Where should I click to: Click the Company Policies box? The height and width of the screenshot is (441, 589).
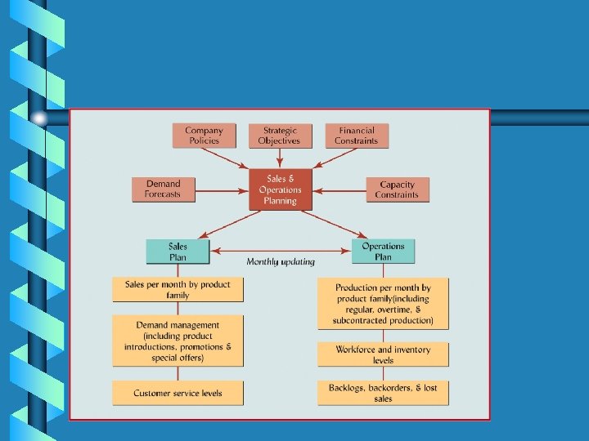(204, 136)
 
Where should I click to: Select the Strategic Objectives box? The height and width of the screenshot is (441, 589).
(279, 136)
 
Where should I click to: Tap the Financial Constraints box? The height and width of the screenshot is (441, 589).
(357, 136)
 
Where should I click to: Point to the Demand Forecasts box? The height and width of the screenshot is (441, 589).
(163, 189)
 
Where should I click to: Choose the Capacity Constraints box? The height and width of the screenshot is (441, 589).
(397, 189)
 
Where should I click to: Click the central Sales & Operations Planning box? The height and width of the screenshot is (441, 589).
(281, 189)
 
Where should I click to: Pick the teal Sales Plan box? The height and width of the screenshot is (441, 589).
(178, 252)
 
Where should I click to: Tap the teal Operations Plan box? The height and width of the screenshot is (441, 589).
(383, 252)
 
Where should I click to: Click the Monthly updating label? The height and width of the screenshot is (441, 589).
(281, 261)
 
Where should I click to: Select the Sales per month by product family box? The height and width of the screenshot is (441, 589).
(178, 290)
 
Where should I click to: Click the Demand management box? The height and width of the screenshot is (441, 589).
(178, 341)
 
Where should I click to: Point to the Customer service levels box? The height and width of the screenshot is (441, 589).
(178, 393)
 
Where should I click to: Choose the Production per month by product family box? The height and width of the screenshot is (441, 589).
(383, 304)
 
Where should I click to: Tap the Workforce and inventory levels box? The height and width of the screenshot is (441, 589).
(383, 354)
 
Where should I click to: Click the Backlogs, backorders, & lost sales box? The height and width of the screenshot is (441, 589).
(383, 393)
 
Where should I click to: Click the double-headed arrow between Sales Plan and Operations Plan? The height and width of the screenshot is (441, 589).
(281, 251)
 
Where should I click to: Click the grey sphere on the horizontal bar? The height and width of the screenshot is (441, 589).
(39, 118)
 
